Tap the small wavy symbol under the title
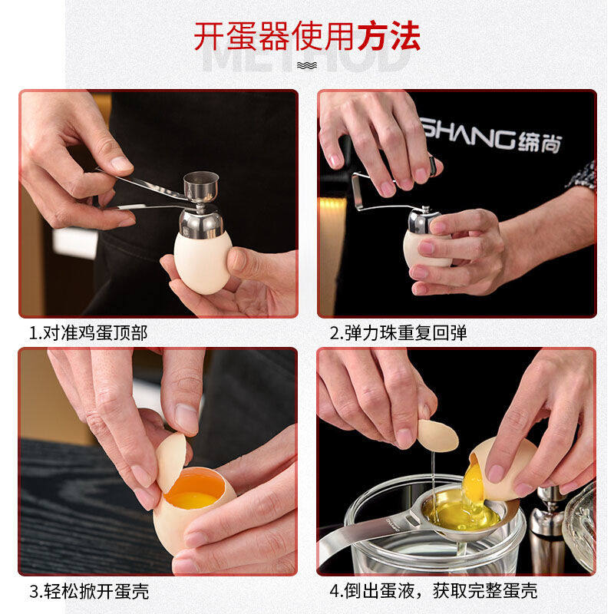coord(307,65)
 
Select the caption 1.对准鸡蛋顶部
coord(88,332)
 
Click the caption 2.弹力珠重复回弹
coord(398,332)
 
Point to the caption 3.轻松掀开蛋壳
coord(89,591)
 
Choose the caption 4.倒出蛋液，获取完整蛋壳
coord(434,591)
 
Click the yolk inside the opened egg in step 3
coord(193,491)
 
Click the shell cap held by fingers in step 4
coord(437,435)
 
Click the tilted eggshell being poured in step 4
coord(507,468)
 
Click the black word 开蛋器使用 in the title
coord(273,35)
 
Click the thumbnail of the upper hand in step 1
coord(120,163)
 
